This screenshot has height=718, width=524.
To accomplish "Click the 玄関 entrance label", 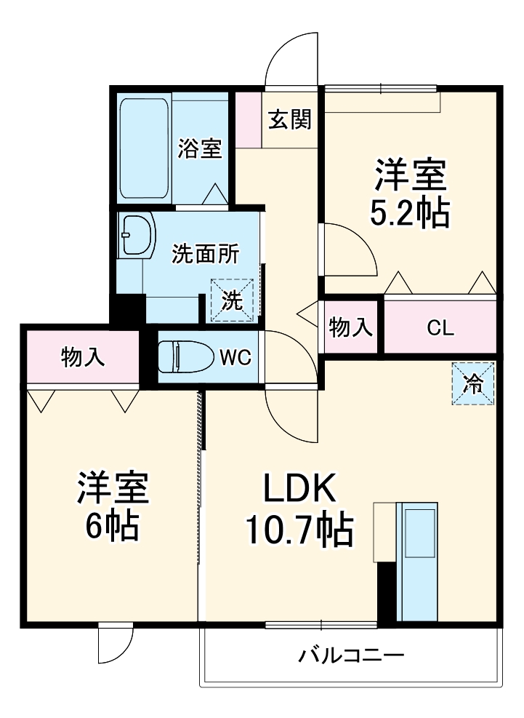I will coord(290,119).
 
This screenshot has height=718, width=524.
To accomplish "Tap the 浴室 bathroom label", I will coord(200,149).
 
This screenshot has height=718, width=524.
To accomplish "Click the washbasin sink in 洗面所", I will coord(137,235).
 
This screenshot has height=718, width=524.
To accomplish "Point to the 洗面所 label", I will coord(206,254).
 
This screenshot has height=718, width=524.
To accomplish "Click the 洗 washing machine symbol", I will coord(232,300).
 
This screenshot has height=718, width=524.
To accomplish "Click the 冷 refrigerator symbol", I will coord(473,383).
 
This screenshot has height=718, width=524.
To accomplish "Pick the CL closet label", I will coord(440,328).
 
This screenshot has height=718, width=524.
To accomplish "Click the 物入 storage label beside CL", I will coord(351,328).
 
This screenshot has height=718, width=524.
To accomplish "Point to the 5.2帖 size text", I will coord(411,214).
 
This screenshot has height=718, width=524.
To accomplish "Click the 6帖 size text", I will coord(113,526).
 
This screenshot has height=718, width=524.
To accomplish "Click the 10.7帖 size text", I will coord(299,530).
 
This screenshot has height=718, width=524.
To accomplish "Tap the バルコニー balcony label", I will coord(352,656).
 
